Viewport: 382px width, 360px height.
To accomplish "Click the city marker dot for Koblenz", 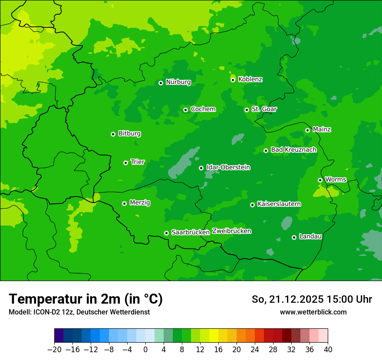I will (x=233, y=80).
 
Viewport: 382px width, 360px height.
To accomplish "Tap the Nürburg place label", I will (x=178, y=82).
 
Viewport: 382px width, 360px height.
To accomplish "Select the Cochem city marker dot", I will (x=186, y=110).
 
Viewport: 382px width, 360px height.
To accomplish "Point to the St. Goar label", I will (x=264, y=109).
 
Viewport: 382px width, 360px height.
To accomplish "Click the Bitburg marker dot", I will (x=113, y=134).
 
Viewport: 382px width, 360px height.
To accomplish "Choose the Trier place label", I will (x=138, y=162).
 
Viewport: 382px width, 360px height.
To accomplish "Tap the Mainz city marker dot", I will (x=308, y=130).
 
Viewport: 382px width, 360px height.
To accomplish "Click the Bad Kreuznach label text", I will (x=293, y=150).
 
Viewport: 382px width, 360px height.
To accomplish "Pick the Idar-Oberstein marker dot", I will (x=201, y=168).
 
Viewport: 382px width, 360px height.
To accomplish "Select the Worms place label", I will (x=336, y=179).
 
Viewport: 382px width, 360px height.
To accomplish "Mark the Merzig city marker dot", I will (x=125, y=203).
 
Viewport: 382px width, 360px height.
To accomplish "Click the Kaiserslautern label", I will (x=279, y=204).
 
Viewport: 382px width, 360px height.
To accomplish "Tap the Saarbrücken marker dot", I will (x=167, y=233).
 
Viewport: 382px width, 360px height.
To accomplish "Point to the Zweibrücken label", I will (x=231, y=231).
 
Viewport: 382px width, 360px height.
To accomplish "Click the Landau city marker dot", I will (x=294, y=237).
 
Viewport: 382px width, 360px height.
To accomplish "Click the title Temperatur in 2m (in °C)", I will (x=86, y=299).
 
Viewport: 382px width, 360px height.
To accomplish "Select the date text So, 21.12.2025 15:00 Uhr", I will (x=312, y=299).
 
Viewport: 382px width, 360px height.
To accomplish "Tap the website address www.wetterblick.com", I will (x=313, y=312).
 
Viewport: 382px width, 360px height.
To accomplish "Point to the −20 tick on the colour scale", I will (x=54, y=350).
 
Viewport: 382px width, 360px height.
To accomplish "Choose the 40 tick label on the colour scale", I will (x=328, y=350).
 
